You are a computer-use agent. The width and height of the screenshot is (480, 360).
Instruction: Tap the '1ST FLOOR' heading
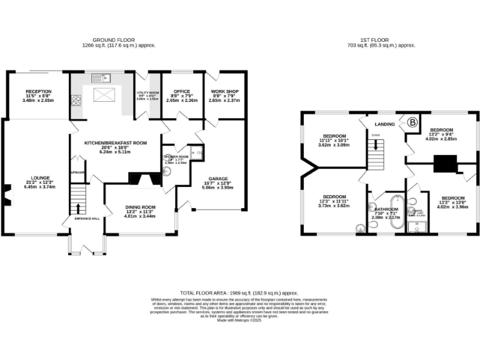[x=381, y=39]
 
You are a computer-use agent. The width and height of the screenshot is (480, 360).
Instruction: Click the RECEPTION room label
[x=37, y=92]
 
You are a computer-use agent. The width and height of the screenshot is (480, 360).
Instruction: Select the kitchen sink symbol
[x=100, y=79]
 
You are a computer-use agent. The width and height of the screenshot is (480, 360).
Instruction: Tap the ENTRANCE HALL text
[x=87, y=218]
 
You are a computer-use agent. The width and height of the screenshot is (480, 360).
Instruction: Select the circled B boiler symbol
[x=412, y=123]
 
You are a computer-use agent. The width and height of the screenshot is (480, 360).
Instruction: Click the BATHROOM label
[x=386, y=209]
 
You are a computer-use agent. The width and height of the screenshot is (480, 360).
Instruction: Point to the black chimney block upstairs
[x=444, y=163]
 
